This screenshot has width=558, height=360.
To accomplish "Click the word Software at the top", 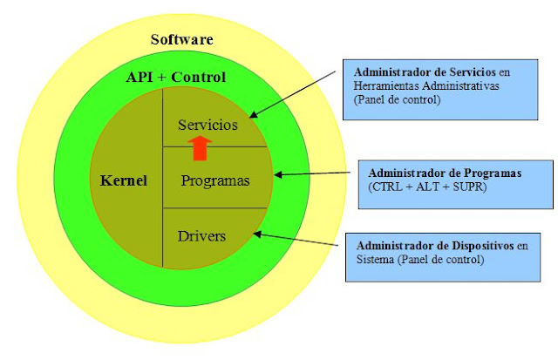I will (181, 39).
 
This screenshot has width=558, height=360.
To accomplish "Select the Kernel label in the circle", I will (124, 181).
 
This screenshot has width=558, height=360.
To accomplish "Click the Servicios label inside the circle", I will (208, 125).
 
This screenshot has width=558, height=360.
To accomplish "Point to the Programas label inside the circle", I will (214, 181).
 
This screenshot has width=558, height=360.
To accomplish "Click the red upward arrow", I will (201, 147).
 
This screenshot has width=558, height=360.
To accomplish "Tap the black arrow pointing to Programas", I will (315, 174).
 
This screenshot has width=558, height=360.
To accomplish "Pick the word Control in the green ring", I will (200, 78).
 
